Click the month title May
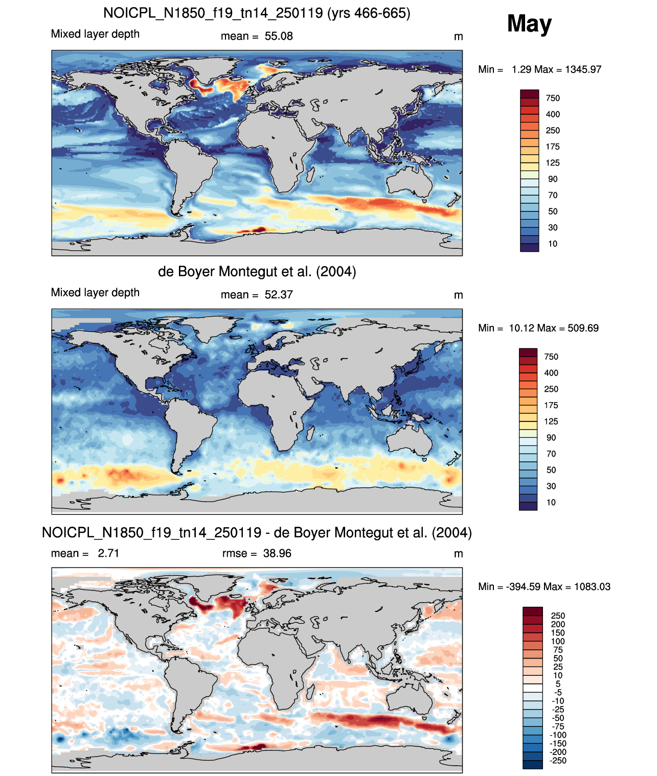(x=529, y=24)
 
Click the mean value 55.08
(x=278, y=36)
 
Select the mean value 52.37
(x=278, y=295)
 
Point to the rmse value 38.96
(x=277, y=553)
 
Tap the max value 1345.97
(x=583, y=69)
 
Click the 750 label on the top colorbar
(x=553, y=99)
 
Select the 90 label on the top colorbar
(x=553, y=179)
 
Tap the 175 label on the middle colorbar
(x=551, y=405)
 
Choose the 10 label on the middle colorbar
(x=551, y=502)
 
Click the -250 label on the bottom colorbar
(x=558, y=761)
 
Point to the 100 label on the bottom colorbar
(x=558, y=641)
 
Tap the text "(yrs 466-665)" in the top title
(x=369, y=13)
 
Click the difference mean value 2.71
(x=108, y=553)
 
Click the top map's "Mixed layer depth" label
(x=95, y=34)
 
